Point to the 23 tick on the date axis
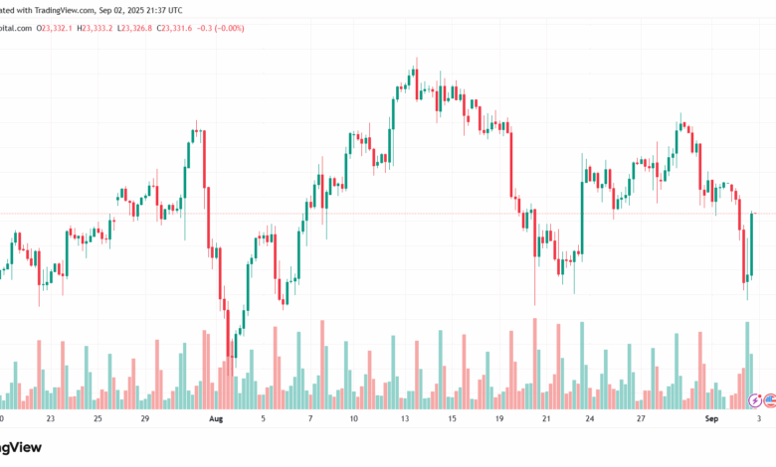pyautogui.click(x=51, y=419)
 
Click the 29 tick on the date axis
pyautogui.click(x=144, y=419)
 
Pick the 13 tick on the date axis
pyautogui.click(x=405, y=419)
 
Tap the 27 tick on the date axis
pyautogui.click(x=641, y=419)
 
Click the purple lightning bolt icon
pyautogui.click(x=755, y=400)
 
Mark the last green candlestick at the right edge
pyautogui.click(x=753, y=244)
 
